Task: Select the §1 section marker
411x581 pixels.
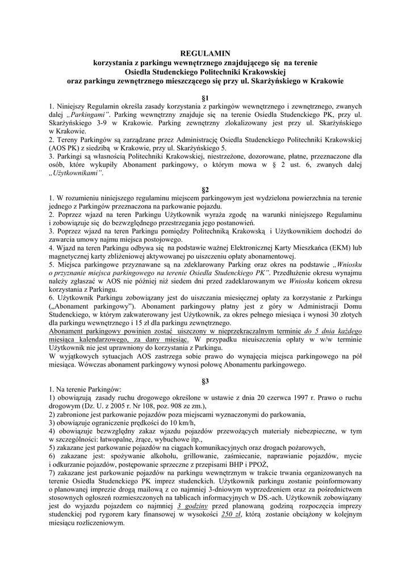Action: point(205,98)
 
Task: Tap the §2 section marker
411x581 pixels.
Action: point(205,189)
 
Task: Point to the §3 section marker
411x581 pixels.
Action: point(205,380)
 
